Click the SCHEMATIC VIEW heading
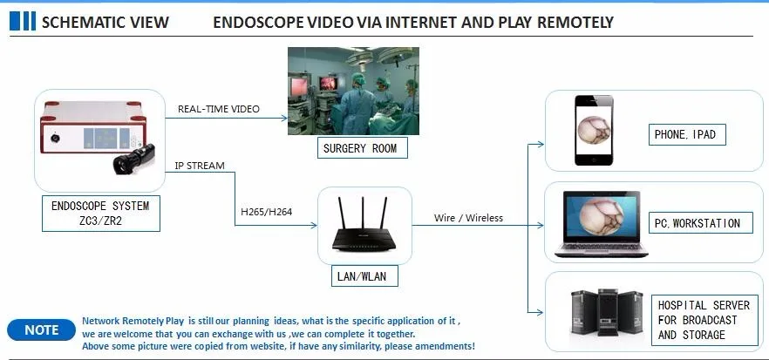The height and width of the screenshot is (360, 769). [x=105, y=22]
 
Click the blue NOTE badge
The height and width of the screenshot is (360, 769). [x=41, y=330]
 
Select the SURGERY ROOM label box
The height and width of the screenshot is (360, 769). [x=359, y=148]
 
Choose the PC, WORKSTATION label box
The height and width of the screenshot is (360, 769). [x=697, y=223]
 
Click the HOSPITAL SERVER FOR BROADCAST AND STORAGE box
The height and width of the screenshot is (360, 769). [x=704, y=320]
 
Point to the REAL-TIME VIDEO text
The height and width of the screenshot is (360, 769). [x=219, y=109]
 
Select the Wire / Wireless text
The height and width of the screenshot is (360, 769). [x=468, y=218]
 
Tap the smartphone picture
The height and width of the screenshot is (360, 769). [x=592, y=130]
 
